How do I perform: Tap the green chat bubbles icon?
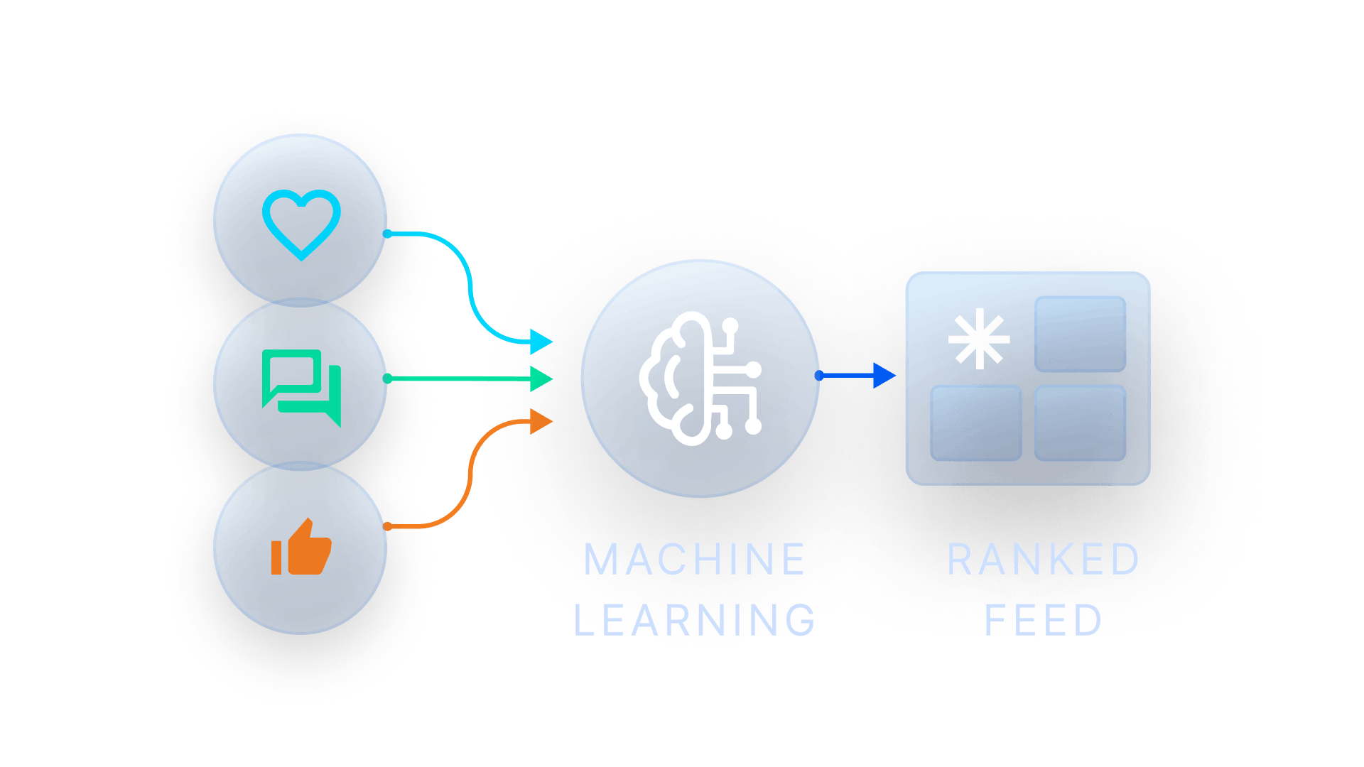pos(301,387)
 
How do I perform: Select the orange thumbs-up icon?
pos(301,548)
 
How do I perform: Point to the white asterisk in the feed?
pos(979,339)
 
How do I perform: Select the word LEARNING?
pos(694,619)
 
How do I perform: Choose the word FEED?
pos(1043,619)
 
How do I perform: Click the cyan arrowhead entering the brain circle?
pos(542,342)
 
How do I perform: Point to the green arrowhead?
pos(542,379)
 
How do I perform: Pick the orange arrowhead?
pos(542,421)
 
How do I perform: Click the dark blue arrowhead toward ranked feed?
pos(884,375)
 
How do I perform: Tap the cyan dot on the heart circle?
pos(387,234)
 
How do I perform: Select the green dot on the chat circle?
pos(387,379)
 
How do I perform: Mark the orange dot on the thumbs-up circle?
pos(387,526)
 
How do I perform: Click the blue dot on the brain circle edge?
pos(819,375)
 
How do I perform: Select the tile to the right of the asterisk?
pos(1080,334)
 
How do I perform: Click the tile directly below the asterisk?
pos(976,423)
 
